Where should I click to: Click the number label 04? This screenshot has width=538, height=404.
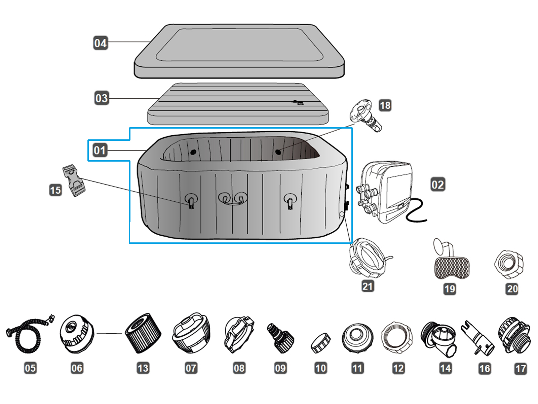100,43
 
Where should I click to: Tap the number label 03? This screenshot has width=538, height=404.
101,98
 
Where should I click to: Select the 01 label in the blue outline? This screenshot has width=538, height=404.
100,150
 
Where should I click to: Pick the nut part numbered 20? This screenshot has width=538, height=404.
509,264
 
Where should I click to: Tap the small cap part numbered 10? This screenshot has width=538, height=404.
320,343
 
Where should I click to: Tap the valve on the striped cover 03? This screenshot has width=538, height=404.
297,102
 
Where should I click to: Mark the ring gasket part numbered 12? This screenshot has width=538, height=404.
397,337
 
